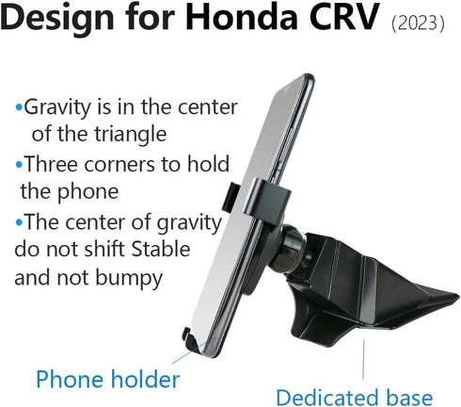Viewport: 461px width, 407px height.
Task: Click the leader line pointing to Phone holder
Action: click(178, 359)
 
